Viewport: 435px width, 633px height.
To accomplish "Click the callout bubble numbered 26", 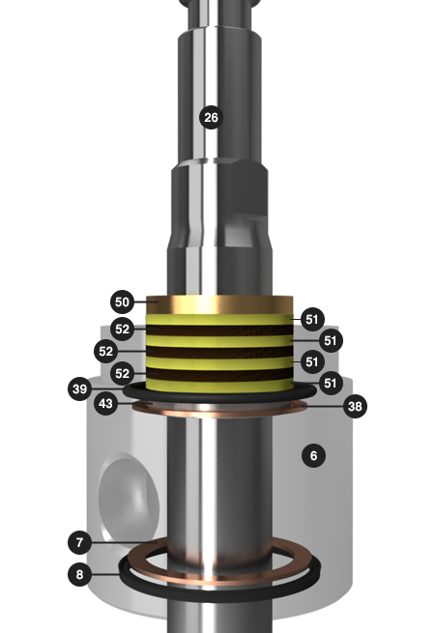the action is click(x=211, y=118).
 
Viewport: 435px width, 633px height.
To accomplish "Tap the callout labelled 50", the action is click(x=122, y=302).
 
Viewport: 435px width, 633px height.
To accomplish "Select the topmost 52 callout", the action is click(x=122, y=329).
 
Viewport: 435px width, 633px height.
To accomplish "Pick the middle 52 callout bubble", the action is click(x=105, y=351).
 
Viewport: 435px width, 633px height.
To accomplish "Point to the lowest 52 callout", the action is click(x=122, y=373).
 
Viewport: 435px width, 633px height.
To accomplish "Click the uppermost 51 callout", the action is click(x=312, y=319).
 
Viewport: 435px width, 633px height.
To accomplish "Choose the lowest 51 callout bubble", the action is click(x=331, y=383).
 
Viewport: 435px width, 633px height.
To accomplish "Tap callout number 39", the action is click(x=79, y=388).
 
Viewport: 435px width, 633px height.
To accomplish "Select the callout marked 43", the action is click(x=105, y=403).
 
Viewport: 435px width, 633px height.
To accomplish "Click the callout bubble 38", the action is click(x=355, y=406).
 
